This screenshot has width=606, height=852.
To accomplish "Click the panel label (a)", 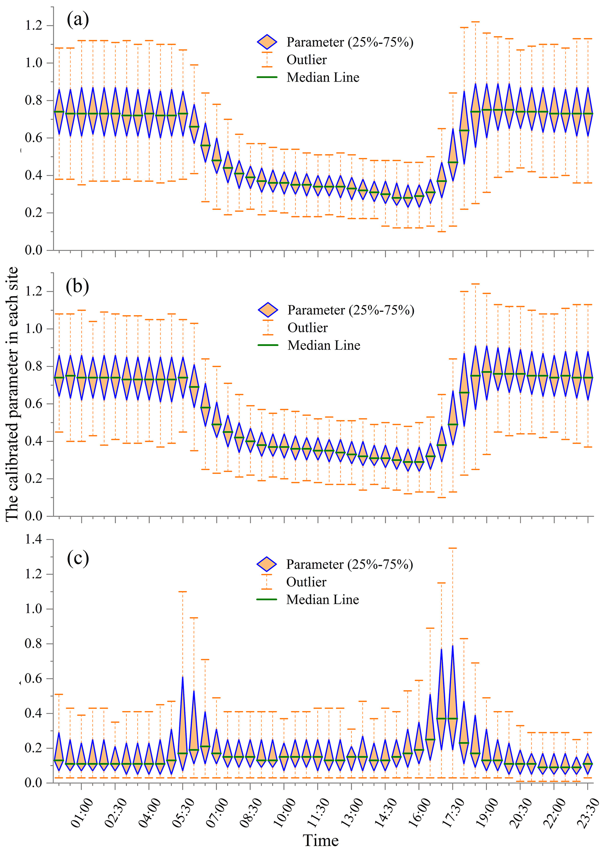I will (x=78, y=20).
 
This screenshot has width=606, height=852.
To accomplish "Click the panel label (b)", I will (x=77, y=286).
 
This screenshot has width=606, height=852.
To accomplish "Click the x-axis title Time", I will (x=320, y=840).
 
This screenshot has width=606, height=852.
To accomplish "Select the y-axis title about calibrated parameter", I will (x=12, y=394).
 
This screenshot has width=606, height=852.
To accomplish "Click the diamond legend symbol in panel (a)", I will (x=267, y=42).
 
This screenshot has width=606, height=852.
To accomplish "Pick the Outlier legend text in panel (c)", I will (x=306, y=582).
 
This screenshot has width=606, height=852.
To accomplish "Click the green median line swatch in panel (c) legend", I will (x=267, y=599).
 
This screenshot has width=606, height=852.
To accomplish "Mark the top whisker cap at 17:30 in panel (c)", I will (x=453, y=548).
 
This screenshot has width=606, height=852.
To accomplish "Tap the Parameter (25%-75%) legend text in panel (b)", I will (x=351, y=310).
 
